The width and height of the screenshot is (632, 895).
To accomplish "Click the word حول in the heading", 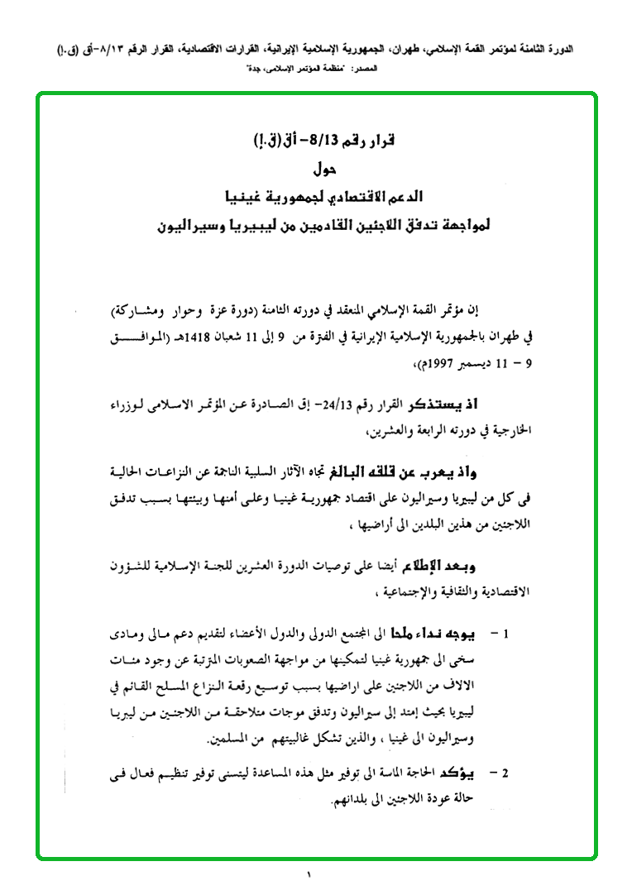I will pos(321,171).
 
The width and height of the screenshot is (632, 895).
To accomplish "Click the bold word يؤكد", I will pos(467,774).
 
